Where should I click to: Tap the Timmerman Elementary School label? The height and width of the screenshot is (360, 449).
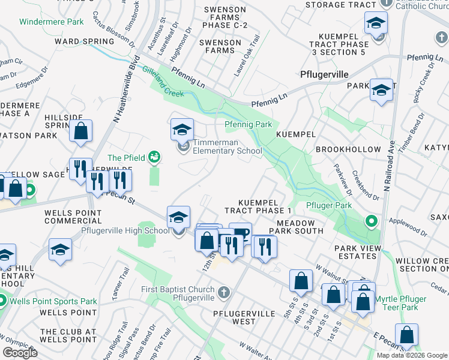[x=228, y=147]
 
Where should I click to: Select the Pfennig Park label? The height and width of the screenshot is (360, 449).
[x=249, y=125]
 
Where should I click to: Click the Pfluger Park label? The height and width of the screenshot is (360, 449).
[x=328, y=206]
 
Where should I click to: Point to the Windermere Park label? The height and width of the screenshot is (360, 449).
[x=52, y=22]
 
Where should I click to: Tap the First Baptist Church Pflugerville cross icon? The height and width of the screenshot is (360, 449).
[x=223, y=293]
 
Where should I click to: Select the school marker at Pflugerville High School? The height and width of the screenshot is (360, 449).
[x=178, y=217]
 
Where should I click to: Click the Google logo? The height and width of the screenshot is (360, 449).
[x=20, y=353]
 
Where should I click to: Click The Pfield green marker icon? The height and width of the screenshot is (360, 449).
[x=154, y=157]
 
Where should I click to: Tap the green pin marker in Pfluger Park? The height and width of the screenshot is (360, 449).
[x=372, y=222]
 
